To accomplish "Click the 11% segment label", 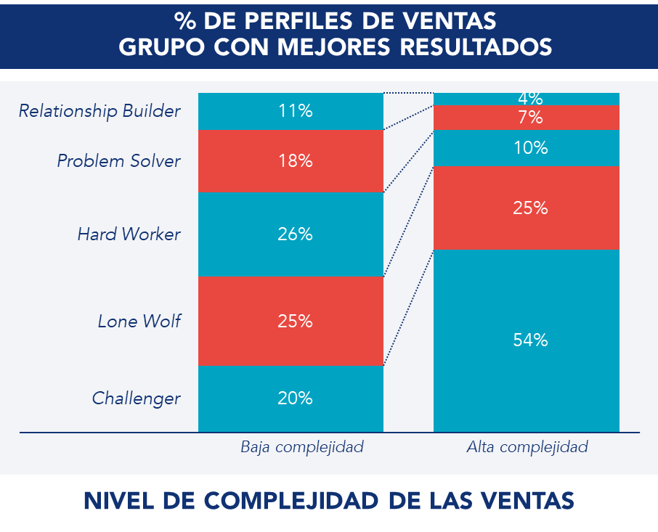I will click(295, 111).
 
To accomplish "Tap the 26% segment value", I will click(295, 234).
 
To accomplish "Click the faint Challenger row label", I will click(136, 398).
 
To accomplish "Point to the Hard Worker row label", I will click(128, 234).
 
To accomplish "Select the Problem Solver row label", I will click(118, 161).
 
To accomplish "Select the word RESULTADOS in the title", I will click(475, 46).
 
